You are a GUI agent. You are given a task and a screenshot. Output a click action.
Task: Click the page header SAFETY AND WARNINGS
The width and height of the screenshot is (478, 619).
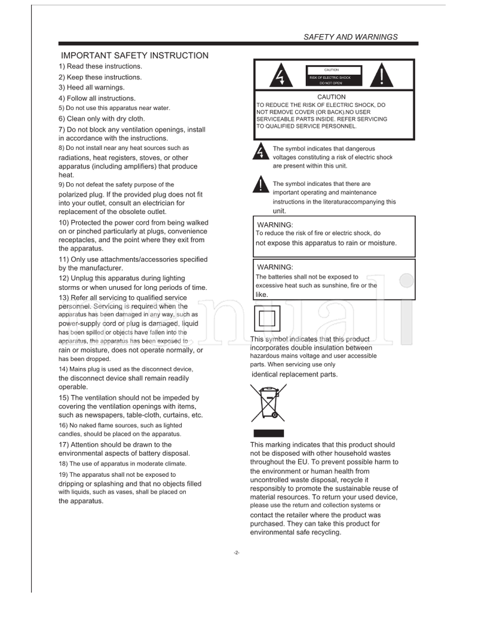[350, 37]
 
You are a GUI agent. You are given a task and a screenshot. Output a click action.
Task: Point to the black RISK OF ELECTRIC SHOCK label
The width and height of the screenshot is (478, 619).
[330, 78]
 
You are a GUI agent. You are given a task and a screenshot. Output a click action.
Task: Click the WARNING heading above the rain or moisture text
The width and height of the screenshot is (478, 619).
[275, 225]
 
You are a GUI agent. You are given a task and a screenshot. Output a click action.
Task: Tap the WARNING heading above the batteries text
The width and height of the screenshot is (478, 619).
[275, 267]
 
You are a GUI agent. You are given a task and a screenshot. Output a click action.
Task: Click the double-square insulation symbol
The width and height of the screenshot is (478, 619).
[267, 318]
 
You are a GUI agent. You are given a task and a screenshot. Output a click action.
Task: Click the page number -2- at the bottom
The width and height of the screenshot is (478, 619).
[237, 552]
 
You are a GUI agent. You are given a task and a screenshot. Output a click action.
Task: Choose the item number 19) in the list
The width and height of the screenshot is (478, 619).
[65, 475]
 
